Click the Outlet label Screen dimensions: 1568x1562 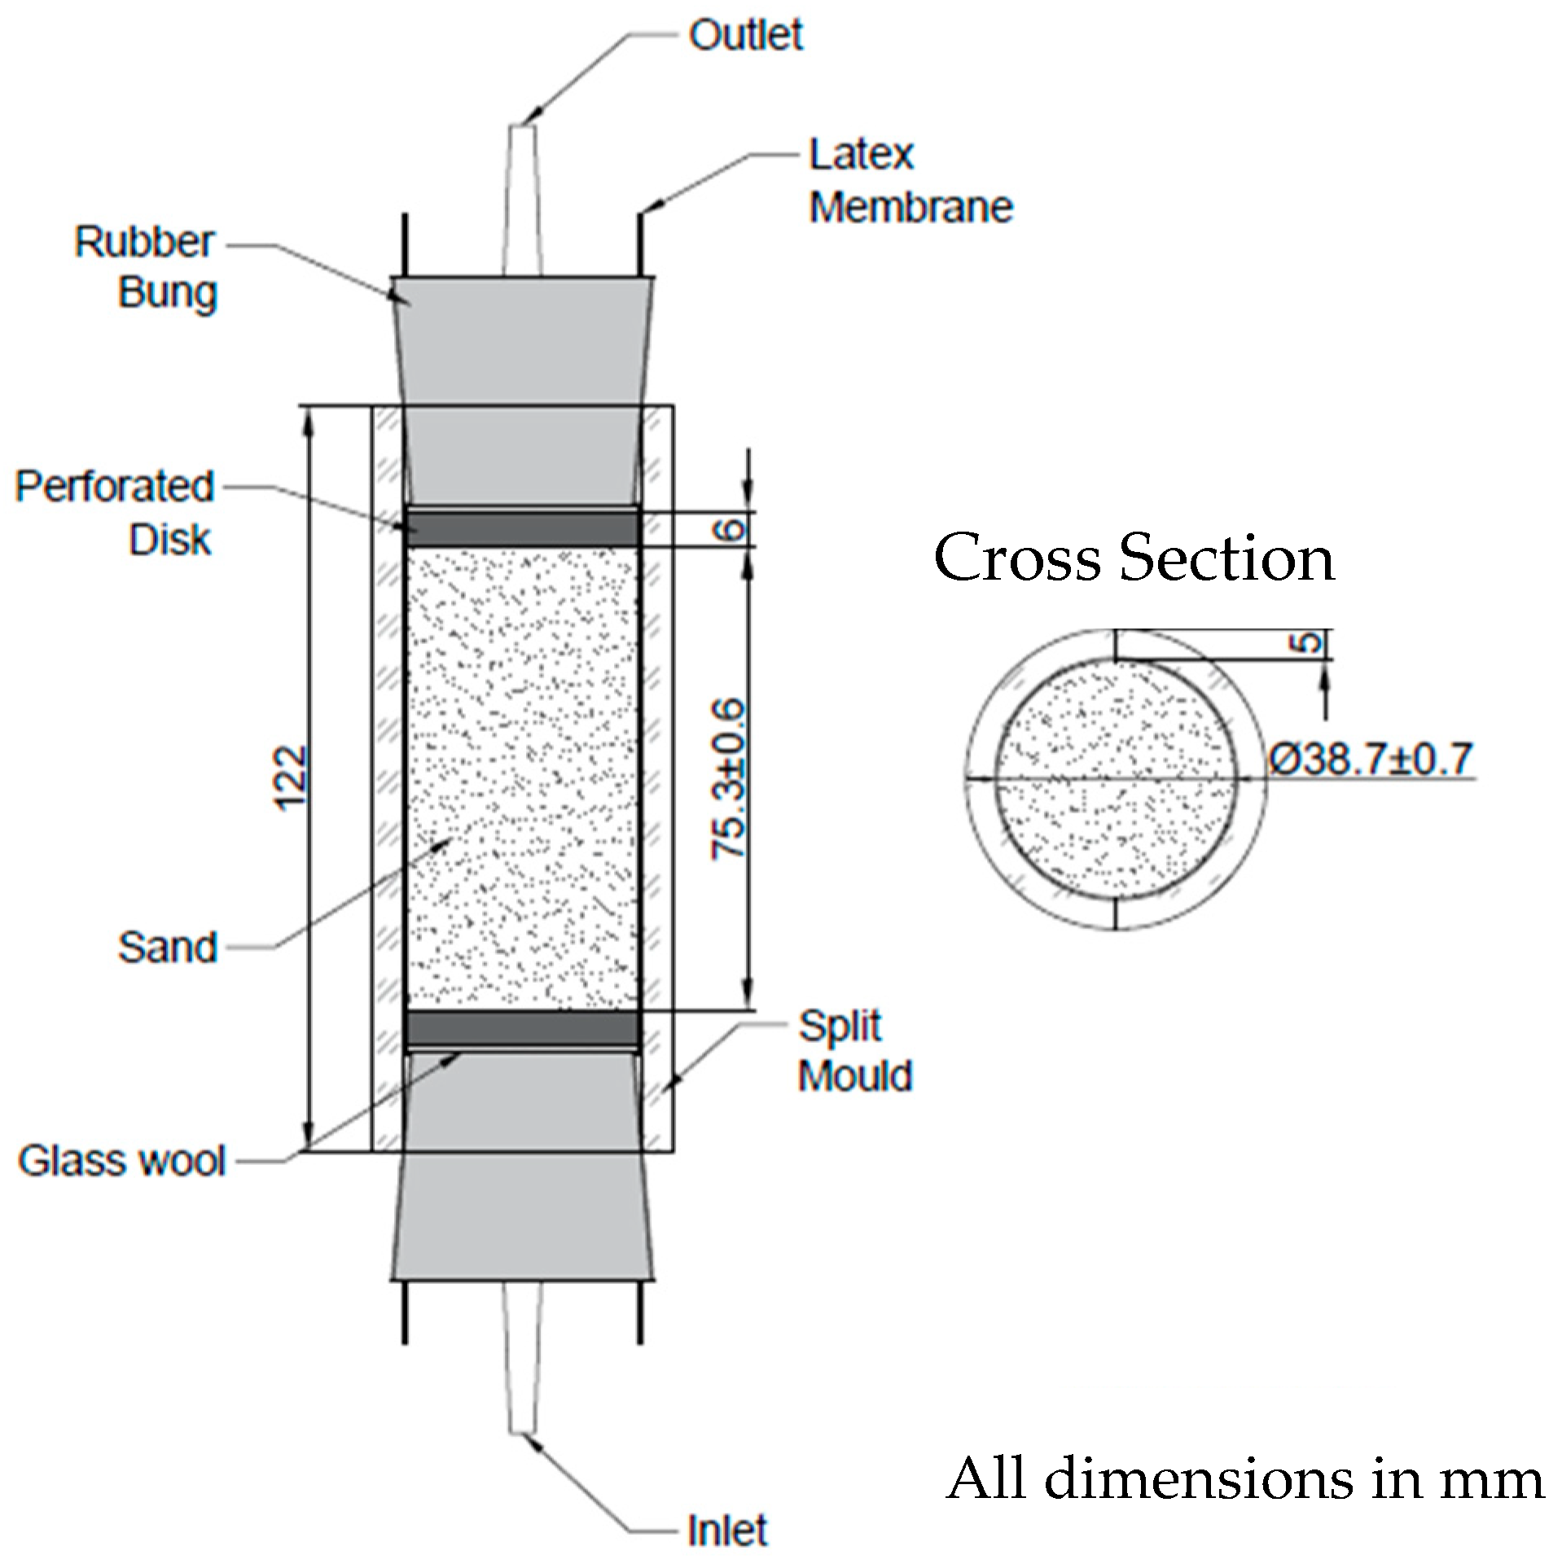point(745,35)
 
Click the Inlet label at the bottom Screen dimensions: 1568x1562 point(727,1531)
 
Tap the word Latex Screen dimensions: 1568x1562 point(861,155)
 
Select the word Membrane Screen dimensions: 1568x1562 point(910,208)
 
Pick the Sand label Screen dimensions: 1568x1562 point(168,947)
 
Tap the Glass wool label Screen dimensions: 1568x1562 point(121,1161)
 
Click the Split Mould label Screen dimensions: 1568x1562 point(853,1051)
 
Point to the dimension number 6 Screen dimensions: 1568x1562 point(730,530)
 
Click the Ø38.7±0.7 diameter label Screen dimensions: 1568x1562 point(1371,760)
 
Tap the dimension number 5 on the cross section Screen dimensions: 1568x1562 point(1306,643)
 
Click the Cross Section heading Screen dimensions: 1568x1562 point(1134,558)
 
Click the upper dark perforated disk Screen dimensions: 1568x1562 point(521,528)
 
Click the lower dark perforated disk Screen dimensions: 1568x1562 point(521,1029)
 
